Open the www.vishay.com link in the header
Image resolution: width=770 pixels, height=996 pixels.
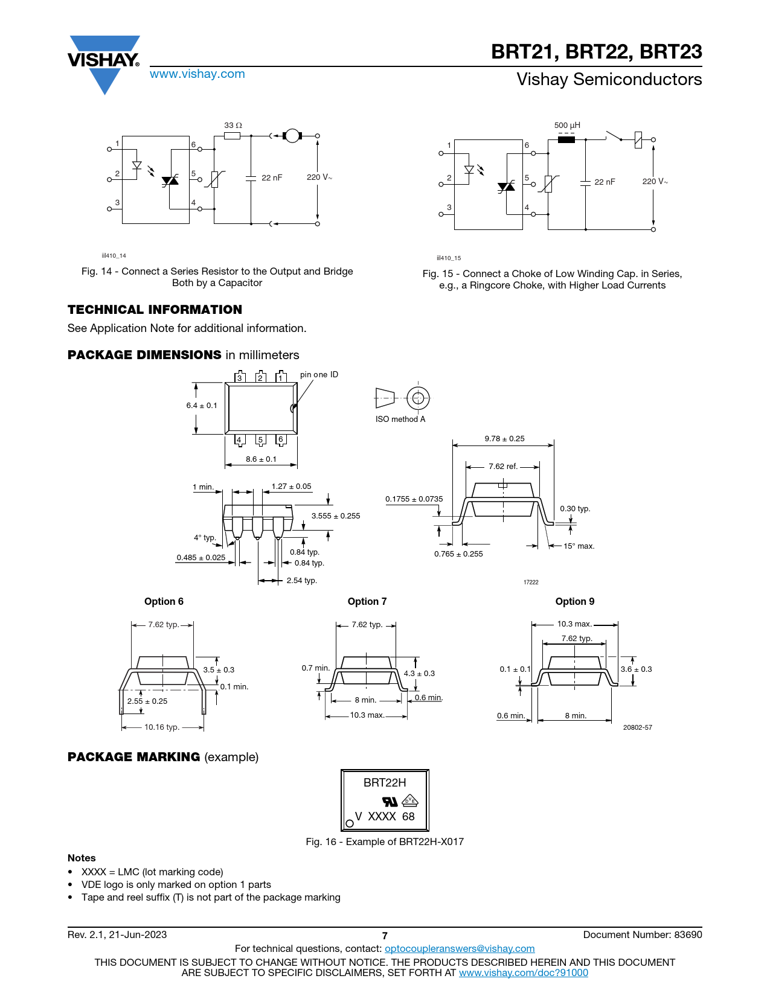(x=197, y=74)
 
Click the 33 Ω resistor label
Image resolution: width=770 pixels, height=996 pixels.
(x=233, y=126)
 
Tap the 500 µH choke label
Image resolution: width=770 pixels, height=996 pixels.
(x=567, y=126)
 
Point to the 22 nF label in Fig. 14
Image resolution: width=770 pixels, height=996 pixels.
(x=271, y=178)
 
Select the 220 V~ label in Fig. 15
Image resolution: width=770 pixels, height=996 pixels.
(x=655, y=182)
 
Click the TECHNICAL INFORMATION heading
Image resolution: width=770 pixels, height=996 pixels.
(x=155, y=310)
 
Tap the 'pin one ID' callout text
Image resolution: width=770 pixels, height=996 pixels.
(x=319, y=375)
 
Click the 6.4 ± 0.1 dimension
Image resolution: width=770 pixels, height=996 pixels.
(x=202, y=406)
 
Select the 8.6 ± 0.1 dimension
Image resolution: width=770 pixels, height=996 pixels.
(x=261, y=459)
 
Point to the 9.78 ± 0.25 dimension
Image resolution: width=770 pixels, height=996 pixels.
(x=504, y=439)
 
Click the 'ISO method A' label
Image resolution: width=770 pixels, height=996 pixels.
(x=400, y=420)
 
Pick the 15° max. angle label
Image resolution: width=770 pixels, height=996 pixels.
(x=579, y=546)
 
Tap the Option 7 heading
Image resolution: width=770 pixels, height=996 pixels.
(x=367, y=602)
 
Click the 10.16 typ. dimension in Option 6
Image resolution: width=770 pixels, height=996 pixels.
(x=162, y=727)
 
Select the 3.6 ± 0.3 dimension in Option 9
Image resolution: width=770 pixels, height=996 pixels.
(x=636, y=669)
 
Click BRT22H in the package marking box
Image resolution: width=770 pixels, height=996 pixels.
(x=385, y=783)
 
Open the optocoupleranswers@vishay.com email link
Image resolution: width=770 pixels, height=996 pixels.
(x=460, y=949)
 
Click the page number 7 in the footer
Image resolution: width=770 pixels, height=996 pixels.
(x=385, y=936)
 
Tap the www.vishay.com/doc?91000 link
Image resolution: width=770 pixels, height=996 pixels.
(x=524, y=972)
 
